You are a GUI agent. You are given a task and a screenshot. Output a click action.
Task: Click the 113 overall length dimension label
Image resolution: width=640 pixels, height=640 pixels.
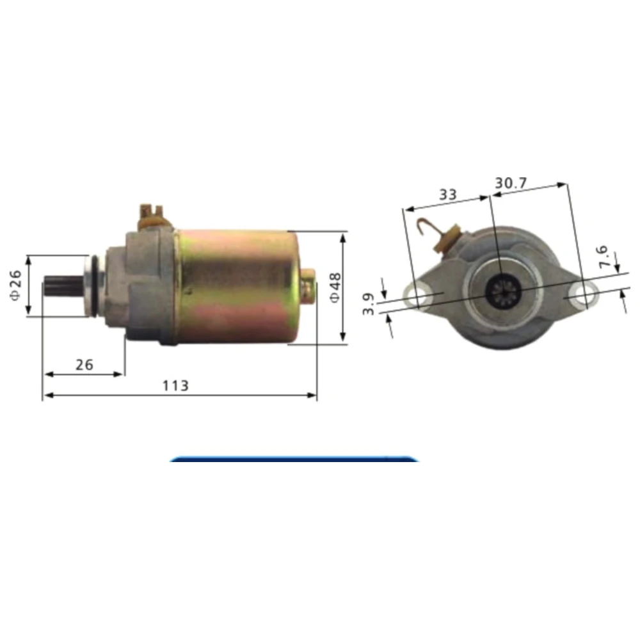click(x=175, y=385)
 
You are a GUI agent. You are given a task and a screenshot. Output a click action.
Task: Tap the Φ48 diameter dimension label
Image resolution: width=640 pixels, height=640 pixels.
click(x=335, y=288)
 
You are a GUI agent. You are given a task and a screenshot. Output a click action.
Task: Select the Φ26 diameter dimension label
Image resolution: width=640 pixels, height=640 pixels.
click(x=15, y=285)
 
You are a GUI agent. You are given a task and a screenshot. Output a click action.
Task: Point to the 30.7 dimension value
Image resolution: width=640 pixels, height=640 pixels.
click(x=511, y=183)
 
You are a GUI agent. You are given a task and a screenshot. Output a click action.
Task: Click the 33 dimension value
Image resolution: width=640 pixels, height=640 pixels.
click(x=448, y=195)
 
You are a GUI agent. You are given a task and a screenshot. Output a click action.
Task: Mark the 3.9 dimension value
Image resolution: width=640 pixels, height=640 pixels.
click(x=368, y=304)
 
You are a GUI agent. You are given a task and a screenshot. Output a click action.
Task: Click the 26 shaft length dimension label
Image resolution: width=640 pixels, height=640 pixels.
click(x=84, y=365)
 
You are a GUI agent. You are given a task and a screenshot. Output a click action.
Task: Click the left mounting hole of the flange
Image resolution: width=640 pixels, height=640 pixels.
click(x=417, y=295)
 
